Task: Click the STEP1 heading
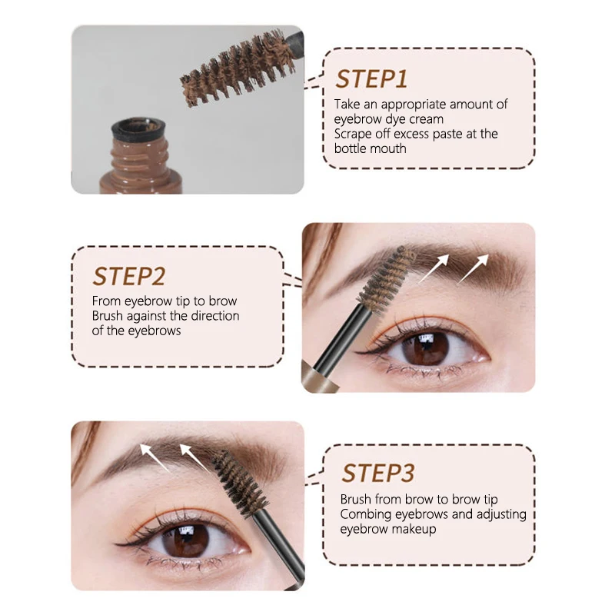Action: coord(371,79)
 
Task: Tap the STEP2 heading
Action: coord(128,276)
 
